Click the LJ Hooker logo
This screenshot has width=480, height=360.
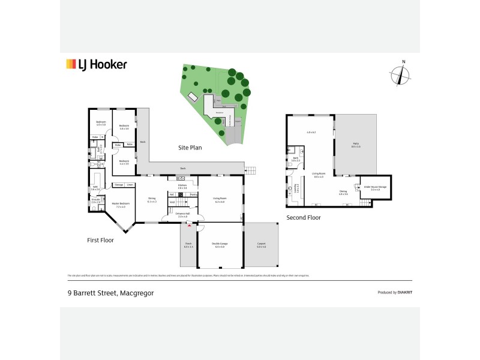coord(95,64)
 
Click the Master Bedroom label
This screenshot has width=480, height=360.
coord(121,205)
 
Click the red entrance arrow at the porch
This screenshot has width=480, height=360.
coord(190,226)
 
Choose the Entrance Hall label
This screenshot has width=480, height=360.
coord(182,215)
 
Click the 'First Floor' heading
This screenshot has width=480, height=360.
coord(100,240)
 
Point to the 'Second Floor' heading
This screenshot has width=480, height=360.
coord(304,218)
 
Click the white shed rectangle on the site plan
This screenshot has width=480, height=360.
coord(193,98)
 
